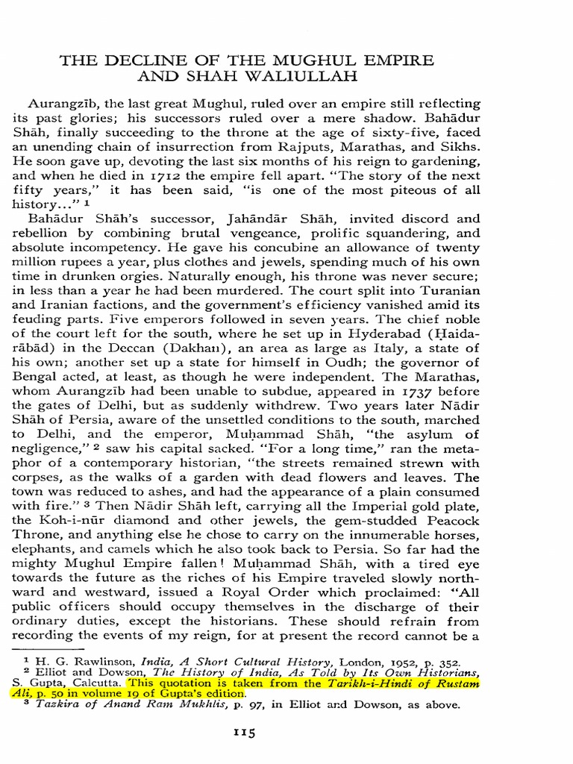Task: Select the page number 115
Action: click(245, 733)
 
